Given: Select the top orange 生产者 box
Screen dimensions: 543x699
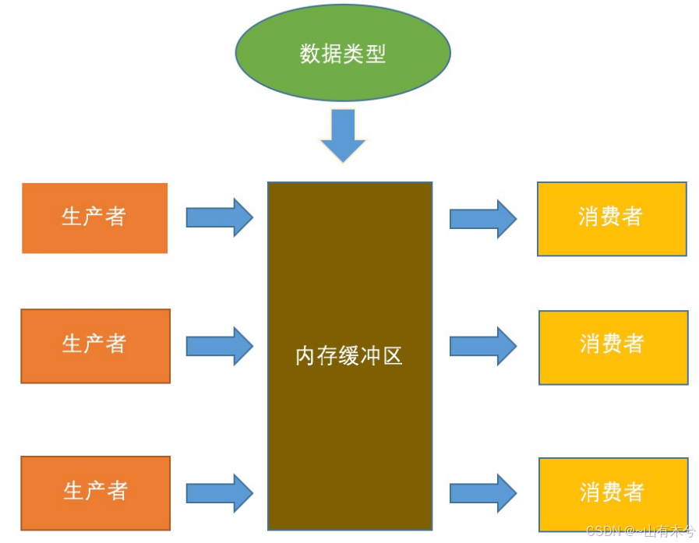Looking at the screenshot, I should click(x=94, y=218).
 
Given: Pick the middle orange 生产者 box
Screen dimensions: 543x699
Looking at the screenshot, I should click(x=95, y=346).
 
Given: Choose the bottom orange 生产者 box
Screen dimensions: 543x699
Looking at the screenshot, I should click(x=95, y=493).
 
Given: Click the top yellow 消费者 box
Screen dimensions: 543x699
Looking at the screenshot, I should click(x=612, y=219).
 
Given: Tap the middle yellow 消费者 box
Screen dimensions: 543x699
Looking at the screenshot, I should click(x=613, y=347).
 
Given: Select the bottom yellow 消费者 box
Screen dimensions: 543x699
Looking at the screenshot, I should click(x=613, y=494).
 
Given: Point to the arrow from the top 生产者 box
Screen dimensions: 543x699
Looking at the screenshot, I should click(x=219, y=217).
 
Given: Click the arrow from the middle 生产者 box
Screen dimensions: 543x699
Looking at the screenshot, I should click(x=219, y=346).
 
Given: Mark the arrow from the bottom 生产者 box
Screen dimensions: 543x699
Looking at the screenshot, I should click(x=219, y=492).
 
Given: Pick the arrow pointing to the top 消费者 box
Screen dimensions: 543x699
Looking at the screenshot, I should click(x=483, y=218).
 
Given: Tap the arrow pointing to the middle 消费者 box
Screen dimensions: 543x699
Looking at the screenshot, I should click(x=483, y=346).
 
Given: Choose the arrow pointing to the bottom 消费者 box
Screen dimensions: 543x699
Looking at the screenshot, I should click(x=483, y=492).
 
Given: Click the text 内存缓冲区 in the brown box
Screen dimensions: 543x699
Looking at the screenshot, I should click(x=349, y=357).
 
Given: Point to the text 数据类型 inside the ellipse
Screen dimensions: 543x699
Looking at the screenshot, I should click(x=343, y=54).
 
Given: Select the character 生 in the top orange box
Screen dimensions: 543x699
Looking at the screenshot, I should click(x=72, y=217).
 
